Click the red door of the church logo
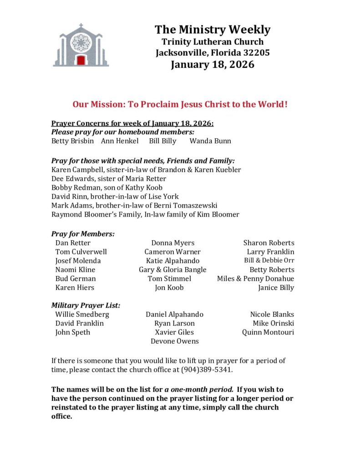click(81, 60)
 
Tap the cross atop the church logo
click(81, 26)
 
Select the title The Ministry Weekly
click(213, 30)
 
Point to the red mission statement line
click(180, 104)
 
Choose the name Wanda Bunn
click(210, 141)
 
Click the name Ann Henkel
click(120, 141)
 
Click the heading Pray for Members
click(82, 234)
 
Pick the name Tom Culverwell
click(81, 252)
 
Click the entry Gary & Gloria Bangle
click(172, 269)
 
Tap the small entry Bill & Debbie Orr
click(269, 261)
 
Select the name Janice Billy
click(276, 287)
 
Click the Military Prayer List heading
click(86, 305)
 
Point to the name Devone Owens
click(174, 341)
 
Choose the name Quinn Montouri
click(268, 332)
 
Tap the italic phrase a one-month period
click(199, 390)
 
